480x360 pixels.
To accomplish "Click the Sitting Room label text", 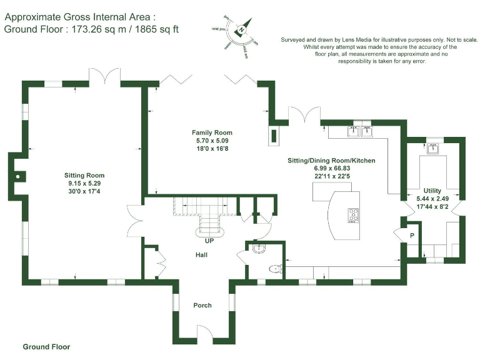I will [84, 176].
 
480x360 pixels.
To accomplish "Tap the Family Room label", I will [212, 132].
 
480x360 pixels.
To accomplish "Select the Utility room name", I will [432, 191].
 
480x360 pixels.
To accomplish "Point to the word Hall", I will [201, 255].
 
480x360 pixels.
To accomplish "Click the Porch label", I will [202, 306].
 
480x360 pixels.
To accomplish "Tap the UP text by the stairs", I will [209, 239].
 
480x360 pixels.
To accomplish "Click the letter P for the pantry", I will [411, 236].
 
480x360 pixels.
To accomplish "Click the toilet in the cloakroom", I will [274, 269].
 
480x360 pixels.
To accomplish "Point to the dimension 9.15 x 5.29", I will [84, 184].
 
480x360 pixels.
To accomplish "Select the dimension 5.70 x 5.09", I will [212, 141].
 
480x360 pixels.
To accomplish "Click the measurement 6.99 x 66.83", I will [331, 169].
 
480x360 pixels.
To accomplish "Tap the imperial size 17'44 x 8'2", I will [432, 207].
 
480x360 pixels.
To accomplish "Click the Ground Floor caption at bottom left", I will [46, 346].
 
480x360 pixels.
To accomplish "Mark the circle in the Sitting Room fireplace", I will [19, 176].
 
